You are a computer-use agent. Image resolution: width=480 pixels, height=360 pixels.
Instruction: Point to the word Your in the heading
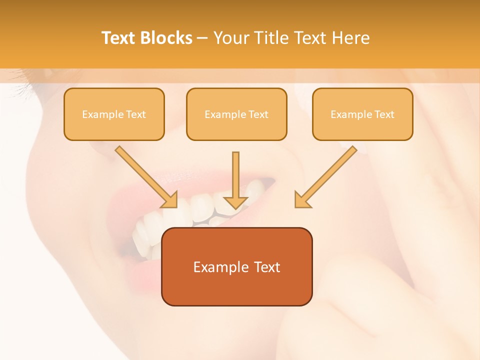click(x=230, y=38)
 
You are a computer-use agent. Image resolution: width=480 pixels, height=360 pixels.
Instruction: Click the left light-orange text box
click(x=114, y=114)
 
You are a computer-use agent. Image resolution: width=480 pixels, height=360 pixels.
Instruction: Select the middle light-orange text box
click(x=236, y=114)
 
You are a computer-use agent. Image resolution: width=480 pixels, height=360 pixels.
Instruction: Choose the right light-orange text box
click(x=362, y=114)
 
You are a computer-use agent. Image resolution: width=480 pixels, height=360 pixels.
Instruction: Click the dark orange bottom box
click(x=236, y=266)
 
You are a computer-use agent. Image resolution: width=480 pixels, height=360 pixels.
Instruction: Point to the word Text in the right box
click(x=384, y=114)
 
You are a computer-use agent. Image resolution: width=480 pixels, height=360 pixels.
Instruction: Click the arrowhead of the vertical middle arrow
click(x=235, y=202)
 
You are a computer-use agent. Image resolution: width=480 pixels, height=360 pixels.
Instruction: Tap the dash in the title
click(x=202, y=38)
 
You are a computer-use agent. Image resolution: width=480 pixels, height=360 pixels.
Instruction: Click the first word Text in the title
click(x=118, y=38)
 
